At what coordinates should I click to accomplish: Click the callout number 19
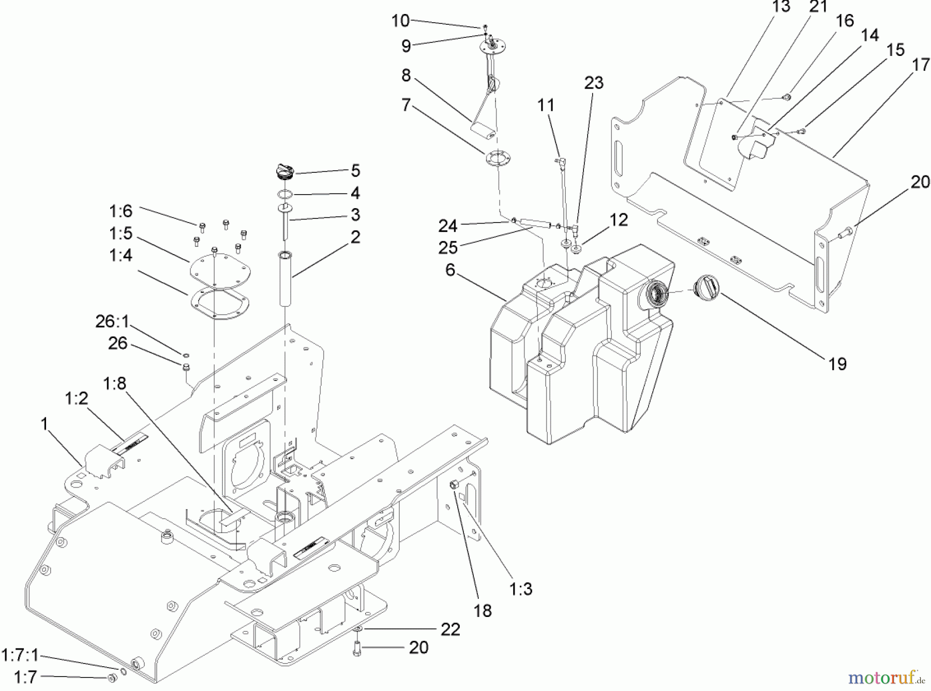pos(837,364)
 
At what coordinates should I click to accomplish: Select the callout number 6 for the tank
pos(450,270)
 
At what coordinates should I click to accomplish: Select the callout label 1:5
pos(121,233)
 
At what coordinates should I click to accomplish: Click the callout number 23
pos(594,83)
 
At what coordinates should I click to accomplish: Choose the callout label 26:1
pos(112,321)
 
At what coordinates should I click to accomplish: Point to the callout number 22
pos(450,629)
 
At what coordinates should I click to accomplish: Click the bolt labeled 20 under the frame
pos(357,648)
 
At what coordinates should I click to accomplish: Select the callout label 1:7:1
pos(20,655)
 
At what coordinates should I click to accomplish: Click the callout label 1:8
pos(114,384)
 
